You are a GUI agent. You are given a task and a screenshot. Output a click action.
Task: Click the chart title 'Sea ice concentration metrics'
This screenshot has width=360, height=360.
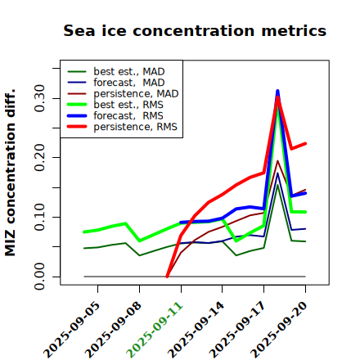click(x=195, y=30)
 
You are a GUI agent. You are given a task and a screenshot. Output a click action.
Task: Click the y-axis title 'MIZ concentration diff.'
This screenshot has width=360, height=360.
click(x=10, y=173)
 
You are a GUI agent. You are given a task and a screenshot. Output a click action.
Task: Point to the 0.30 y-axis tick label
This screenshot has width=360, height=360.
click(x=40, y=98)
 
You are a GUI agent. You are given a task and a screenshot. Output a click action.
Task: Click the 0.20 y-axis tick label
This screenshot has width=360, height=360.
click(x=40, y=158)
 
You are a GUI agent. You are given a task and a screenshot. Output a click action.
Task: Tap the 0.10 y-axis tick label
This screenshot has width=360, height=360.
click(x=40, y=217)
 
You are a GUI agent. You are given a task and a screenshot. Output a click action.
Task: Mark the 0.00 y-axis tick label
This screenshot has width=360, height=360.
click(x=40, y=277)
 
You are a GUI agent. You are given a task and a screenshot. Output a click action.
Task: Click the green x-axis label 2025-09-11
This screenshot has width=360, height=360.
click(x=155, y=330)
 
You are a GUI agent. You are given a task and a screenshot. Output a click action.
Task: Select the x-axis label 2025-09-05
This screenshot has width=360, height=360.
click(x=72, y=330)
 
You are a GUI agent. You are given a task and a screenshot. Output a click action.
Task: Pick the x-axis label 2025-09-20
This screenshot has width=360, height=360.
click(x=279, y=330)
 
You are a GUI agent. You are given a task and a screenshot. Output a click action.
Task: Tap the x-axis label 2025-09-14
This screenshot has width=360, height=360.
click(x=196, y=330)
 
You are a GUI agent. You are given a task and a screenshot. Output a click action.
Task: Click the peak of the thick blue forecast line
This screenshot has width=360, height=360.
click(x=277, y=91)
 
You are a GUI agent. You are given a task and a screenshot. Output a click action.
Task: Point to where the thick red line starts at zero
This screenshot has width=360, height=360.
click(x=167, y=277)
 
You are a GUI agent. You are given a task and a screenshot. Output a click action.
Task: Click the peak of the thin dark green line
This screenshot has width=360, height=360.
click(x=277, y=185)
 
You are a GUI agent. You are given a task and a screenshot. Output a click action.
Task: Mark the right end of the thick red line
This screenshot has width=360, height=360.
click(x=305, y=143)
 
